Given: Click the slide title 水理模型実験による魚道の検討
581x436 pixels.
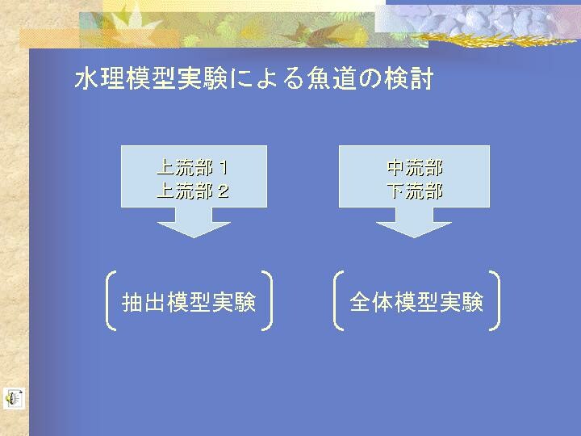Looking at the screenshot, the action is [x=254, y=78].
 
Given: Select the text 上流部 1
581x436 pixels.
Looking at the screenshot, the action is [x=192, y=168].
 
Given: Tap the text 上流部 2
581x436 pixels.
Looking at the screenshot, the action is [x=193, y=191].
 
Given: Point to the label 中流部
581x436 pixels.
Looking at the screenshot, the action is [x=415, y=168].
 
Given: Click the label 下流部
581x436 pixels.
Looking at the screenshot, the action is [x=415, y=191].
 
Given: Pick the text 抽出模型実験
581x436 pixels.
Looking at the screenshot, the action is [x=189, y=302].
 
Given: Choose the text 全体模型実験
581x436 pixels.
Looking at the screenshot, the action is [x=416, y=302].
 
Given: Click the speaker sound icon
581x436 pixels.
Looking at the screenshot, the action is [x=14, y=399].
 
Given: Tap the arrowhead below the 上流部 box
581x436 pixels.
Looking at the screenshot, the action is [x=194, y=229].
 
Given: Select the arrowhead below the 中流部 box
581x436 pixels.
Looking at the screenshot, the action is [x=414, y=229].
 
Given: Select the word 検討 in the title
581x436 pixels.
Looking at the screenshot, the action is [x=408, y=78].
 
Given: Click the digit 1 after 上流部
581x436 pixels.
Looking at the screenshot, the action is [x=224, y=168].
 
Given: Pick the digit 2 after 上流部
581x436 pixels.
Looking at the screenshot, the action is [x=224, y=191].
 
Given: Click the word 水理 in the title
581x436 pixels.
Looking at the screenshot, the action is [x=100, y=78].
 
